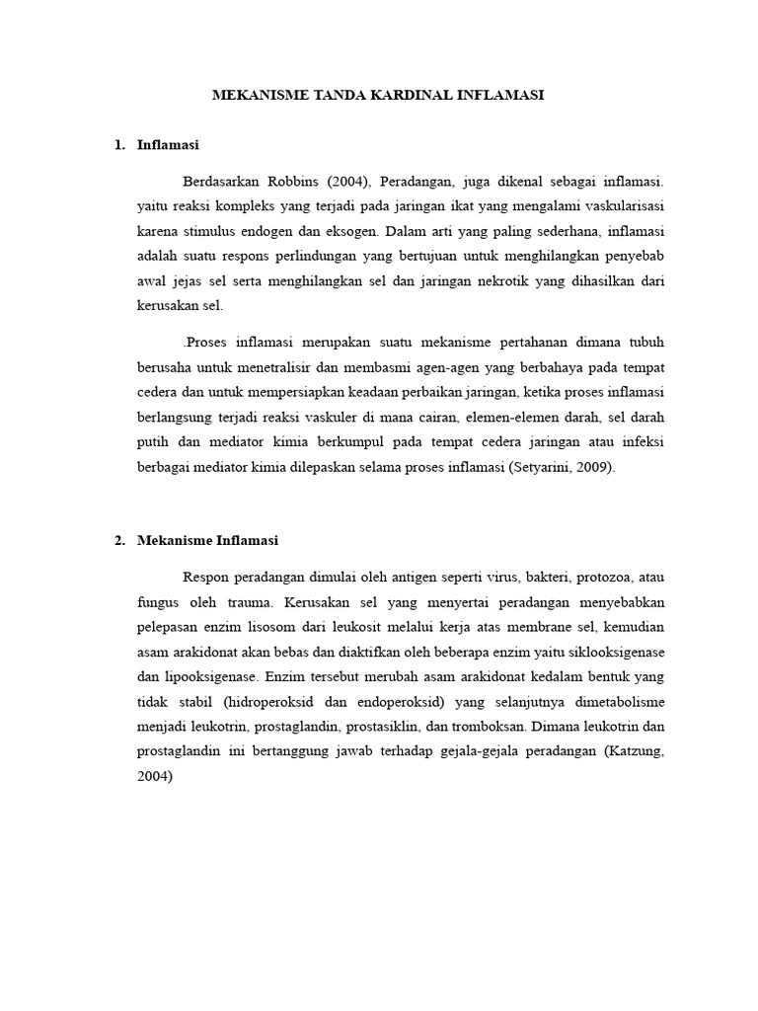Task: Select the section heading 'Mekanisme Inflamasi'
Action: [x=208, y=540]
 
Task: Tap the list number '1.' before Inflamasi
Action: [x=119, y=145]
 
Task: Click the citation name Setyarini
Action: [x=546, y=468]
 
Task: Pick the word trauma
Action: [x=251, y=601]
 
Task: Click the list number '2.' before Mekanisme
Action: [x=119, y=540]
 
